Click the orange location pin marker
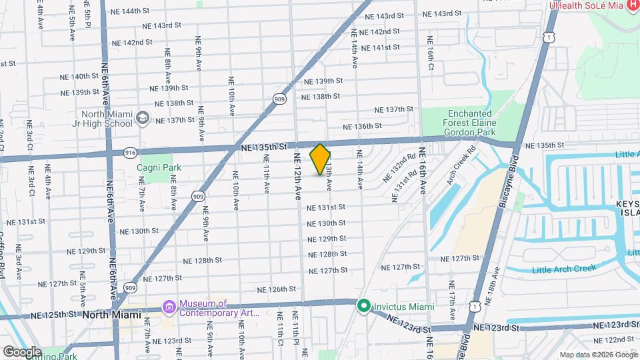[321, 159]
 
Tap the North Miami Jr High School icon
[142, 117]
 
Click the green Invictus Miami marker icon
[363, 306]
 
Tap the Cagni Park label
[159, 167]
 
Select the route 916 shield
[130, 153]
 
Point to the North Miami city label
[112, 314]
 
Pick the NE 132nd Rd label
[399, 170]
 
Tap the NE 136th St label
[361, 126]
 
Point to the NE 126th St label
[277, 289]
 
